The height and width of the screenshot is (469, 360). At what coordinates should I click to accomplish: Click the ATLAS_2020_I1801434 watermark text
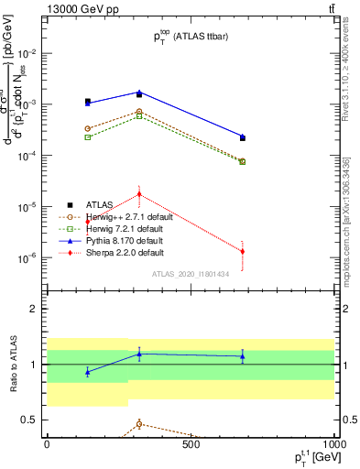pyautogui.click(x=190, y=274)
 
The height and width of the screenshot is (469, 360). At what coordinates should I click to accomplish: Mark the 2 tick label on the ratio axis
pyautogui.click(x=34, y=309)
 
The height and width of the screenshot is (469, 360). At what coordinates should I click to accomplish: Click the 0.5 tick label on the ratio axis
pyautogui.click(x=30, y=420)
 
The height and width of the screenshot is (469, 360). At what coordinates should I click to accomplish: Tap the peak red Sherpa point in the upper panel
pyautogui.click(x=139, y=194)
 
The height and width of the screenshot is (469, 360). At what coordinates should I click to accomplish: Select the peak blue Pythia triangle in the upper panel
pyautogui.click(x=139, y=93)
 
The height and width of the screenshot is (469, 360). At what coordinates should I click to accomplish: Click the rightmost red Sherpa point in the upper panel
pyautogui.click(x=243, y=251)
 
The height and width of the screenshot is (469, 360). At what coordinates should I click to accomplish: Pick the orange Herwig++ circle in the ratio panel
pyautogui.click(x=139, y=423)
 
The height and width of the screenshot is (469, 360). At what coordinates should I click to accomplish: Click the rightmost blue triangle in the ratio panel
pyautogui.click(x=243, y=356)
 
